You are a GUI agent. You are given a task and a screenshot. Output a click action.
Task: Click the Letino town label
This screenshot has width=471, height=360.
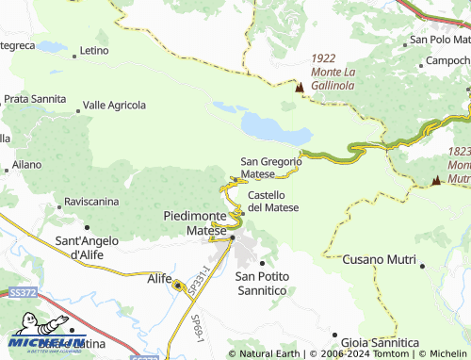[x=95, y=50]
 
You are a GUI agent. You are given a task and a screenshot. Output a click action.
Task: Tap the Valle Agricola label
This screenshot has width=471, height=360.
[x=114, y=105]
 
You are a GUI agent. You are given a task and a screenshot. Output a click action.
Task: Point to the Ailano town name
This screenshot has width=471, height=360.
[x=26, y=164]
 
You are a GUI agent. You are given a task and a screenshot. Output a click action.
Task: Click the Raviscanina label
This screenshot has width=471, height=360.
[x=90, y=202]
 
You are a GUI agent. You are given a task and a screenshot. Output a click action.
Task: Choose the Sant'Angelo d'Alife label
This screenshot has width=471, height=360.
[x=87, y=247]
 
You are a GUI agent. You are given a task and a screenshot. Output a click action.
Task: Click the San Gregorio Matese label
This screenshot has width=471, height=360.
[x=271, y=168]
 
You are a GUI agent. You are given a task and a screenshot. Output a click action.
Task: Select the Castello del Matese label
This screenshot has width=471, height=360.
[x=273, y=201]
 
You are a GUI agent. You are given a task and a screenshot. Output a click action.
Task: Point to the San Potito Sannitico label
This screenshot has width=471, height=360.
[x=261, y=283]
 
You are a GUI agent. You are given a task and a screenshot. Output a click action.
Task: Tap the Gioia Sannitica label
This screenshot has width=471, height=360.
[x=381, y=341]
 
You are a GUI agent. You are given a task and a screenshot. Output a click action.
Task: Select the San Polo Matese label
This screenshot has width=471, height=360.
[x=439, y=41]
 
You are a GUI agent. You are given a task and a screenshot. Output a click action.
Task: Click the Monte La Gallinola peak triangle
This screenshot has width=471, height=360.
[x=300, y=88]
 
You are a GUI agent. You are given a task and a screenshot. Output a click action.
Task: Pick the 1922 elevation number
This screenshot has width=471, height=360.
[x=324, y=57]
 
